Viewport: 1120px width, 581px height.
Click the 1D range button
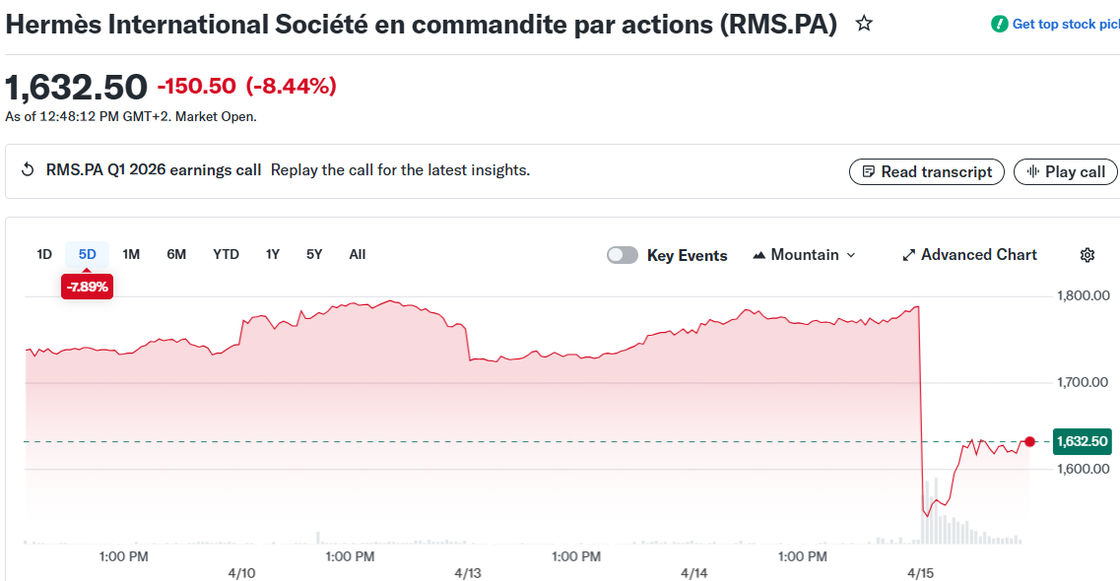[44, 254]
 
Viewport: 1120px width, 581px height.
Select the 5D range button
[88, 254]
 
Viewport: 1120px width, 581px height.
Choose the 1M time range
[131, 254]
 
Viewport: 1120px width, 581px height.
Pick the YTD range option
[226, 254]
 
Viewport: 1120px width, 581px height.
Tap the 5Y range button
[314, 254]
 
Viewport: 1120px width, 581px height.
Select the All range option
[358, 254]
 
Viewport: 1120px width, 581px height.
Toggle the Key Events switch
[623, 255]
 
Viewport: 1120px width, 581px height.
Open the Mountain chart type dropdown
[804, 255]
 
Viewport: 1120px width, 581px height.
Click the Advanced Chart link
[969, 255]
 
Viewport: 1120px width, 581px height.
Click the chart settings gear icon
[1087, 255]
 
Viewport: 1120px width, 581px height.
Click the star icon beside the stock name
[864, 24]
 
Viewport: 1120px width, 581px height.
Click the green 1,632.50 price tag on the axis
[1082, 441]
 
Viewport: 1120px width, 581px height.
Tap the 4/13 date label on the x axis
[468, 572]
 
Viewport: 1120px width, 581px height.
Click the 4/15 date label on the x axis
[921, 572]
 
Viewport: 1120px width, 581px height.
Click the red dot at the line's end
[1030, 441]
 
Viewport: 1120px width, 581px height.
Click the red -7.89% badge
[87, 287]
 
